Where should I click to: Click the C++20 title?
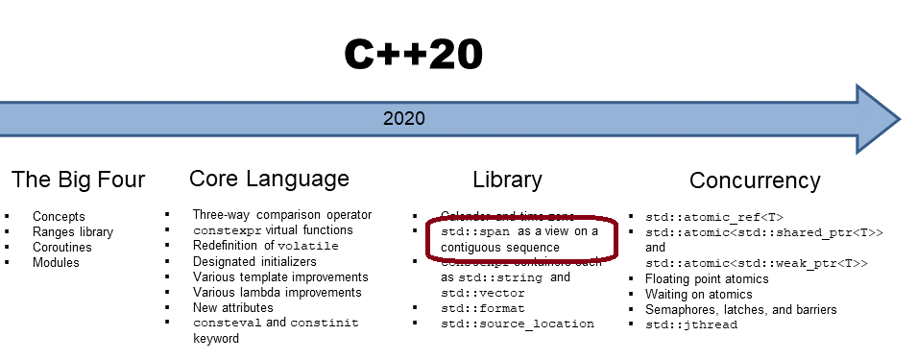[x=413, y=56]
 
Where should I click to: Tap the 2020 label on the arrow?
[x=403, y=119]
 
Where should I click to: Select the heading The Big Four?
[x=78, y=180]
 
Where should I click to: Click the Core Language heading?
[x=269, y=179]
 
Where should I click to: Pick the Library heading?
[x=507, y=180]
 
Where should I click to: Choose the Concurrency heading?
[x=755, y=180]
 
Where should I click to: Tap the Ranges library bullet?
[x=73, y=231]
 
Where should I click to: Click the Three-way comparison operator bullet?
[x=281, y=215]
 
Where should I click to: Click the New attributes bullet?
[x=232, y=307]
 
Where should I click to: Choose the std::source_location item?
[x=518, y=324]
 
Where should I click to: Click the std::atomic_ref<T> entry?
[x=714, y=217]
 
